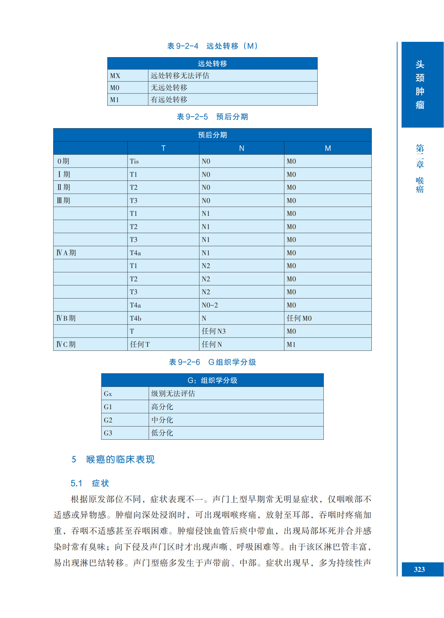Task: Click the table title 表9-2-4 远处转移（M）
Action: [212, 46]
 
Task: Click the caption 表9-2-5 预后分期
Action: [212, 117]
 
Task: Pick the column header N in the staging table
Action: [242, 148]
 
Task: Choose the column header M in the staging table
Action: [328, 148]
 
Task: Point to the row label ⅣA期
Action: [66, 253]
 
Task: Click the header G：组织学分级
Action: [212, 380]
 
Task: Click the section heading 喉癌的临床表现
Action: [120, 459]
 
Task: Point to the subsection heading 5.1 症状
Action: [90, 483]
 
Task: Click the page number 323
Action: [419, 569]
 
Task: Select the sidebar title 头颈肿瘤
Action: [420, 85]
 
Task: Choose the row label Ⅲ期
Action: [64, 200]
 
